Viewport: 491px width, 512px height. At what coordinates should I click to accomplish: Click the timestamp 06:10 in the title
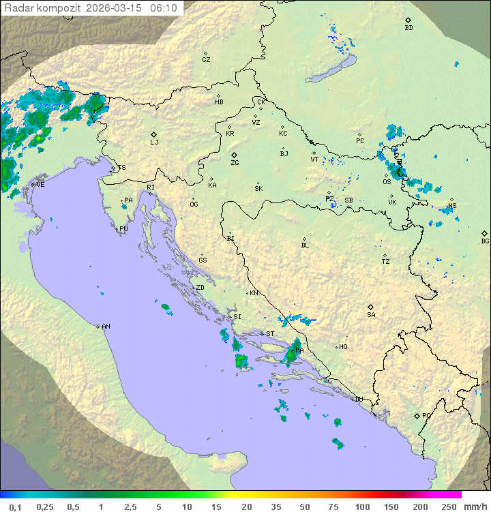click(164, 8)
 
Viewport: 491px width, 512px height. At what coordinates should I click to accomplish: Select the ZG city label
click(235, 163)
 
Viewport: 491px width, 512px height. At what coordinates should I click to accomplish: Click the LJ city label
click(154, 142)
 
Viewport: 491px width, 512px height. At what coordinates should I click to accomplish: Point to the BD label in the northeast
click(408, 28)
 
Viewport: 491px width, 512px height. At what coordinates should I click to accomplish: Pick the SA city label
click(371, 314)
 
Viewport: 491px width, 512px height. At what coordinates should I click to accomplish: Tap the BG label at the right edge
click(485, 241)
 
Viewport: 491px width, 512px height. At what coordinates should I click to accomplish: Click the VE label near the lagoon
click(40, 185)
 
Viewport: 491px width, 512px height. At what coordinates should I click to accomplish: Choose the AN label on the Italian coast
click(106, 327)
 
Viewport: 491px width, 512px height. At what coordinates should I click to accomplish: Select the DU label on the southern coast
click(359, 400)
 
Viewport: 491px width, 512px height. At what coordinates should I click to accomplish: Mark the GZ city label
click(206, 59)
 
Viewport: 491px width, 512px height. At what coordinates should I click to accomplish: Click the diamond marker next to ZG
click(235, 155)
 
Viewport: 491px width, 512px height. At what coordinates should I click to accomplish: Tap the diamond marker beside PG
click(417, 415)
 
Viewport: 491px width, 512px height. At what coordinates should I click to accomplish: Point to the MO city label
click(343, 346)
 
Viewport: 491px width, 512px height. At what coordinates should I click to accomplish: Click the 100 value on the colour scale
click(362, 507)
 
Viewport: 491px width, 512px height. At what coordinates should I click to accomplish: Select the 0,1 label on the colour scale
click(16, 507)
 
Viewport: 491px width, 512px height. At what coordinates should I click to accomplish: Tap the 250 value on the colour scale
click(448, 507)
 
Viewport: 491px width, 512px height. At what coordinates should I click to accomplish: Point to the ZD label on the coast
click(200, 288)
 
